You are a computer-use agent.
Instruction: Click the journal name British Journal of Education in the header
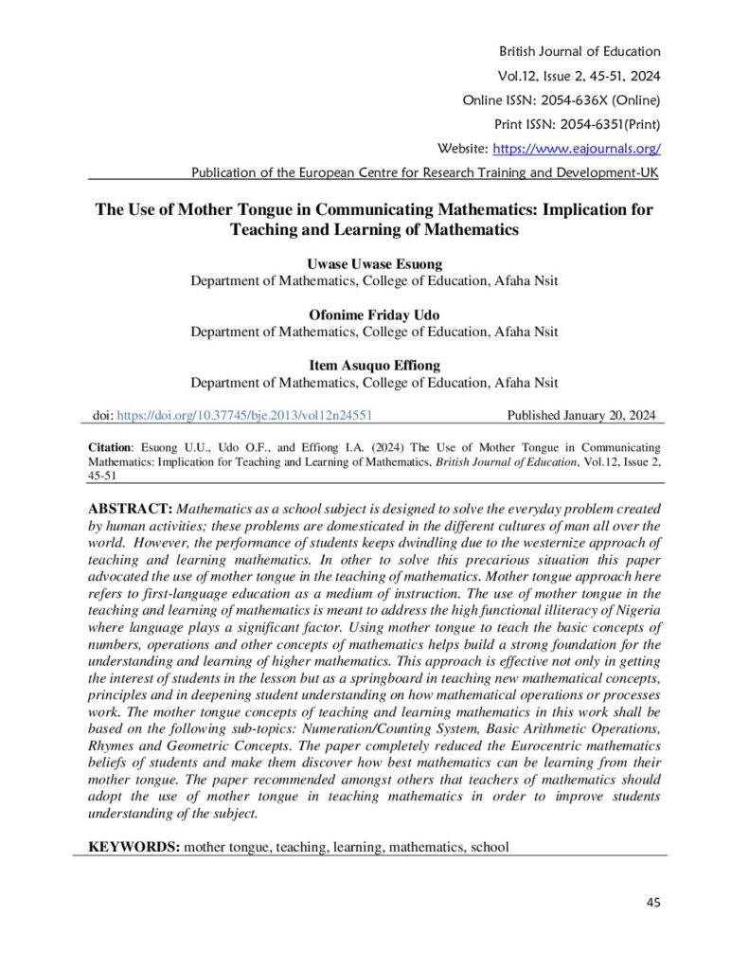click(x=579, y=51)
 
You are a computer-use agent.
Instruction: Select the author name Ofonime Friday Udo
click(x=374, y=315)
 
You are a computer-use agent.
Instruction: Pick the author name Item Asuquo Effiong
click(x=374, y=366)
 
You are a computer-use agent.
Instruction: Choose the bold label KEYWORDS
click(x=134, y=847)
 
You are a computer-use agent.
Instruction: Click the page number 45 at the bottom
click(x=653, y=902)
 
